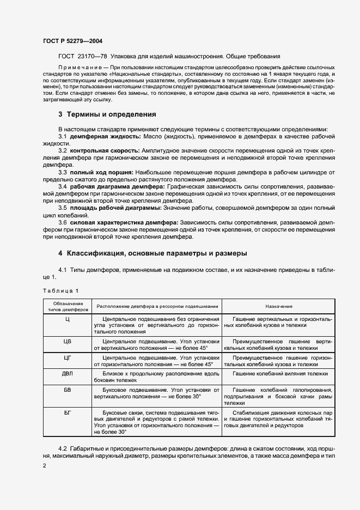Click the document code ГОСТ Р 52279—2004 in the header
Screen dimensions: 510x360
[x=72, y=41]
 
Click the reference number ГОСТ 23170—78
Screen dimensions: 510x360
[x=80, y=56]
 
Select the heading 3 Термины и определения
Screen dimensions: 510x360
[x=107, y=115]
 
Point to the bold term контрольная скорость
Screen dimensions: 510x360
[x=97, y=150]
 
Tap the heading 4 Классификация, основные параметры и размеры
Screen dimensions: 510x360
[x=153, y=254]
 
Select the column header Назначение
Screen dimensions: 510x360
[x=279, y=307]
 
